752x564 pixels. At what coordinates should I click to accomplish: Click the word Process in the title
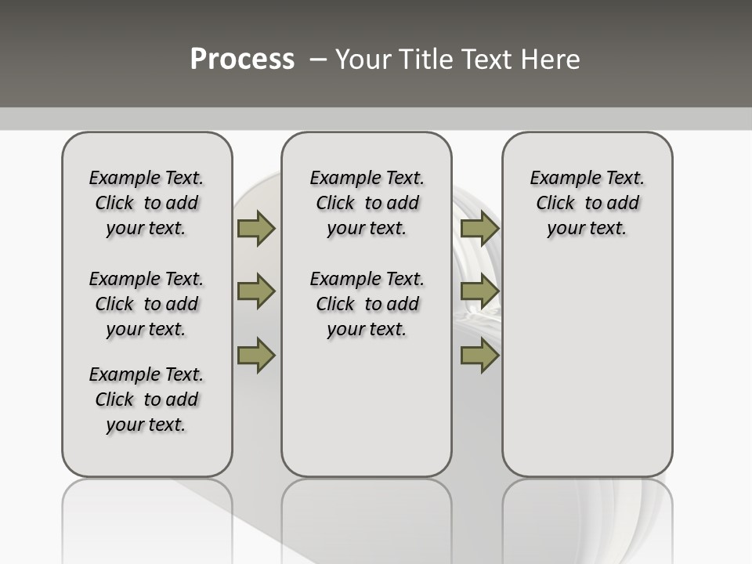[x=242, y=59]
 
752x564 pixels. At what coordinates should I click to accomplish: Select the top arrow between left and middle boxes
[x=256, y=228]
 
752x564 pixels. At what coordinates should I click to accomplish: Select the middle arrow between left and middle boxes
[x=256, y=291]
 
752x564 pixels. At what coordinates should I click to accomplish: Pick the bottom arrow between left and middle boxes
[x=256, y=356]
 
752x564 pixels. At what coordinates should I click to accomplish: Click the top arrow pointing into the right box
[x=479, y=228]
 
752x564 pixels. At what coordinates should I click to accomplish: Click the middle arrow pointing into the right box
[x=479, y=291]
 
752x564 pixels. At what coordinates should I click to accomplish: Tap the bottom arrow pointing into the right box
[x=479, y=356]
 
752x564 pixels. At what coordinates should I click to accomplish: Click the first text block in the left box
[x=146, y=203]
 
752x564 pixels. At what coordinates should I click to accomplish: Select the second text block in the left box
[x=146, y=304]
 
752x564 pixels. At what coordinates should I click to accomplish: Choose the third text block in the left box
[x=146, y=399]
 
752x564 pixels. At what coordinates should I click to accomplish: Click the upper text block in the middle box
[x=367, y=203]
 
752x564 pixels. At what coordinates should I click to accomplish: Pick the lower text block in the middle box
[x=367, y=304]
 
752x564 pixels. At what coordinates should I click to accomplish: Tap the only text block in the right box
[x=587, y=203]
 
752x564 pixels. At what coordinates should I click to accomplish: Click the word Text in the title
[x=484, y=60]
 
